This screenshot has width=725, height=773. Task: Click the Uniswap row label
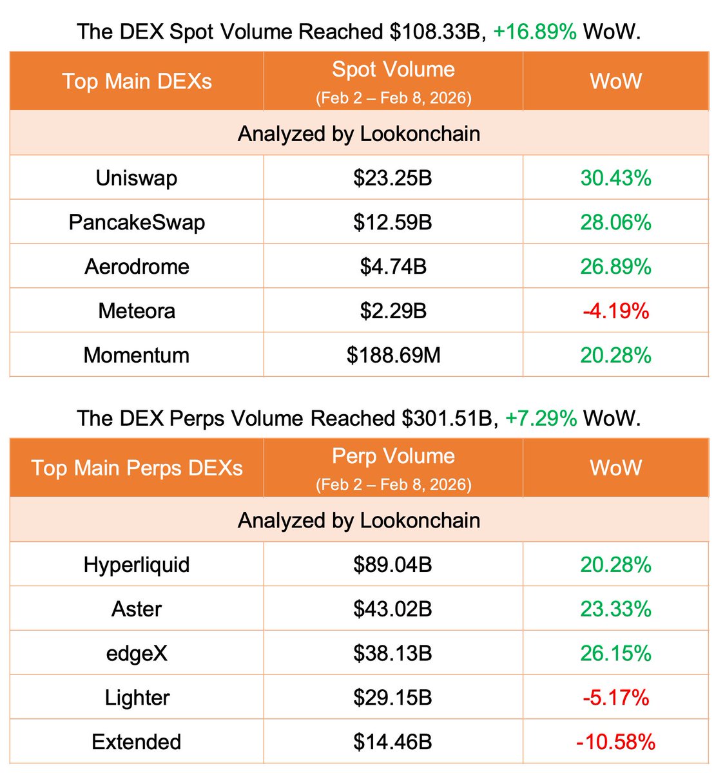click(137, 178)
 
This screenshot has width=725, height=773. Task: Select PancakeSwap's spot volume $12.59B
click(392, 222)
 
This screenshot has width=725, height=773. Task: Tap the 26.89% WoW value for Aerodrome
click(615, 267)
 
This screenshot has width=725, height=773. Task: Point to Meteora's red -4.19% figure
click(615, 311)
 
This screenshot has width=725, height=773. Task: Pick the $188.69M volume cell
click(393, 355)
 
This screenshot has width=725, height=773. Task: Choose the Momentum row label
click(137, 355)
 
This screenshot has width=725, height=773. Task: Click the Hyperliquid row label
click(137, 565)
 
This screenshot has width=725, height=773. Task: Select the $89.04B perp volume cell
click(392, 565)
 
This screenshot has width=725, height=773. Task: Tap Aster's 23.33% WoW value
click(615, 609)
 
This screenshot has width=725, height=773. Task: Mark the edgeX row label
click(137, 653)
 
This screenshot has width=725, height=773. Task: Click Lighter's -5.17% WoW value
click(615, 698)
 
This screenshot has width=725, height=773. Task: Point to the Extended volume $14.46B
click(392, 742)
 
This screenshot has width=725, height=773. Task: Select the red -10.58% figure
click(615, 742)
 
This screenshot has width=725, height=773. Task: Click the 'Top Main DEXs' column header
click(137, 81)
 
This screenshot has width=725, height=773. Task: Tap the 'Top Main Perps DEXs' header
click(137, 468)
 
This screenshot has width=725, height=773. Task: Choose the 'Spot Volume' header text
click(393, 70)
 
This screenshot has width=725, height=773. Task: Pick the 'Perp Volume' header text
click(393, 456)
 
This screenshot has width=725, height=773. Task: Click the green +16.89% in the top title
click(535, 32)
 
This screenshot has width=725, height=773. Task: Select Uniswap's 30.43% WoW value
click(615, 178)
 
